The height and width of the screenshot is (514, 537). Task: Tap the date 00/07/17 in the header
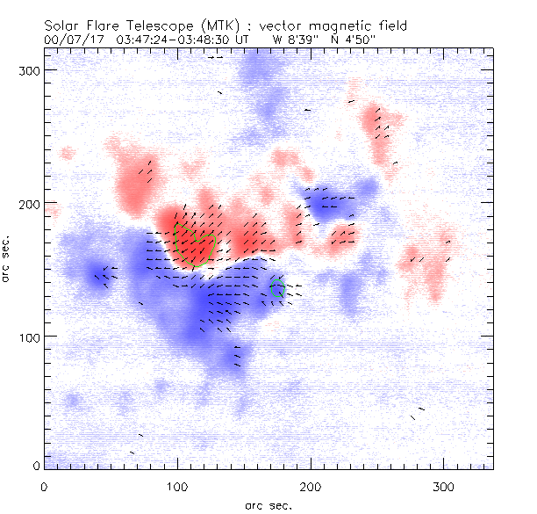coord(70,40)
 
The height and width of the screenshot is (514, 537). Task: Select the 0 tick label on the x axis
coord(44,485)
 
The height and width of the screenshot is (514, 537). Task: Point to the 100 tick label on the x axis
coord(177,485)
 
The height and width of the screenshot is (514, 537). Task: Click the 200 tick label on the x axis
coord(311,485)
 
